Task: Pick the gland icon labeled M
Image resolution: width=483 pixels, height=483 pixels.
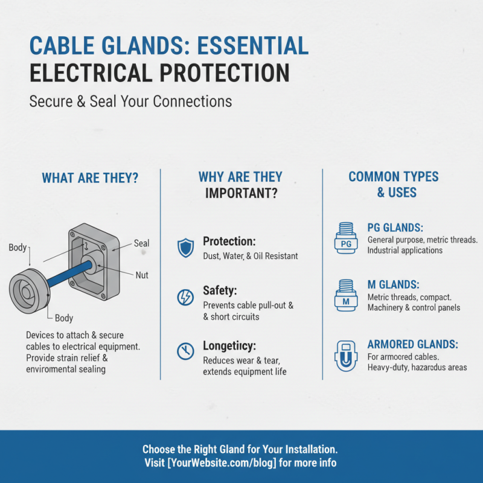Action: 346,295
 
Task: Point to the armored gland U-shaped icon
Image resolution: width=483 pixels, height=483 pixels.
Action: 346,355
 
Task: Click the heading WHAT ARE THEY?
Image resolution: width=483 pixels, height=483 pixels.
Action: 90,178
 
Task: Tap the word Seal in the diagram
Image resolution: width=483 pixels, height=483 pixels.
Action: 141,244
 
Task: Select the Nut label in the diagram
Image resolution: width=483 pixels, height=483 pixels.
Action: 142,275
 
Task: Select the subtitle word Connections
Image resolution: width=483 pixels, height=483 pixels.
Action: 193,101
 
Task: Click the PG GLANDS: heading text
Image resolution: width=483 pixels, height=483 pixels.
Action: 395,228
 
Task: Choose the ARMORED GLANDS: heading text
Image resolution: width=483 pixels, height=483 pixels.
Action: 412,344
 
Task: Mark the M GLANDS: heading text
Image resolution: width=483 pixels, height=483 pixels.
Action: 393,284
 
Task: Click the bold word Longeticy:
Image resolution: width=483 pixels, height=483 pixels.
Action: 229,346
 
